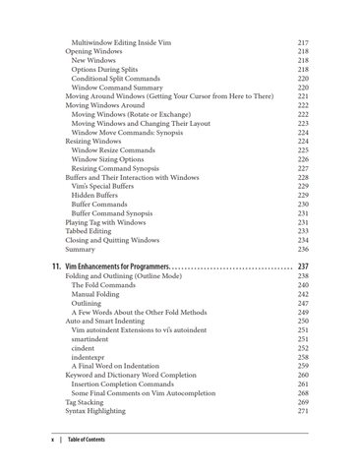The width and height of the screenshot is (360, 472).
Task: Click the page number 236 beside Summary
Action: click(x=303, y=250)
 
